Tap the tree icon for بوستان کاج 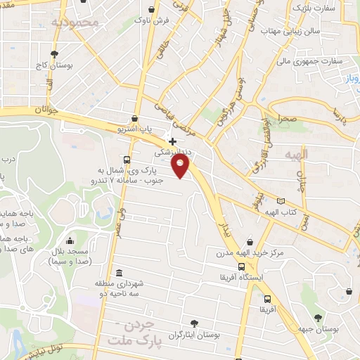55,53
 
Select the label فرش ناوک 154,22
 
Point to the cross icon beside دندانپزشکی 172,141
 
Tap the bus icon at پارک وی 126,160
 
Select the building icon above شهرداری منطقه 118,272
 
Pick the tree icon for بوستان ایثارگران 193,323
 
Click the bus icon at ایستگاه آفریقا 242,266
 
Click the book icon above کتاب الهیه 282,200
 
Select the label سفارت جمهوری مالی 309,60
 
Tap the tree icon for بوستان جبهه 318,317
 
